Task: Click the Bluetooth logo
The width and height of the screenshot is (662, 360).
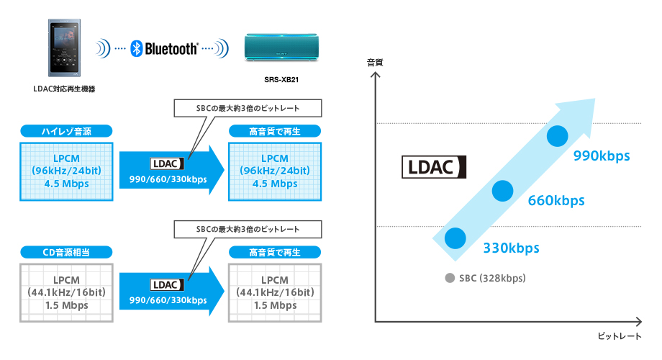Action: [x=164, y=49]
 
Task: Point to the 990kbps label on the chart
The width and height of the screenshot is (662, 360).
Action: [x=602, y=156]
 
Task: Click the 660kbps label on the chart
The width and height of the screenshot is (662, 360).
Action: [x=556, y=200]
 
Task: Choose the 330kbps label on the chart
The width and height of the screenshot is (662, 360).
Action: [x=511, y=248]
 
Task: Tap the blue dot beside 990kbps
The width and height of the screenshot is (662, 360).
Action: [x=558, y=136]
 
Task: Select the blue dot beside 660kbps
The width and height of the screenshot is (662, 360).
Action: [x=503, y=191]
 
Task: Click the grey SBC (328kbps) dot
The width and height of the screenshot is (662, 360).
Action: [x=450, y=278]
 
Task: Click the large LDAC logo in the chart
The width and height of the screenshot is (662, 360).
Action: [x=434, y=167]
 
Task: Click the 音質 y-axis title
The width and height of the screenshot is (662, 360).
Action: [x=375, y=63]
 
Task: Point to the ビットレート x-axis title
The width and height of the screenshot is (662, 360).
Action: [x=619, y=336]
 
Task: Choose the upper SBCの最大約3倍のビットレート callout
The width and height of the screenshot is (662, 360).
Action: [x=248, y=108]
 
